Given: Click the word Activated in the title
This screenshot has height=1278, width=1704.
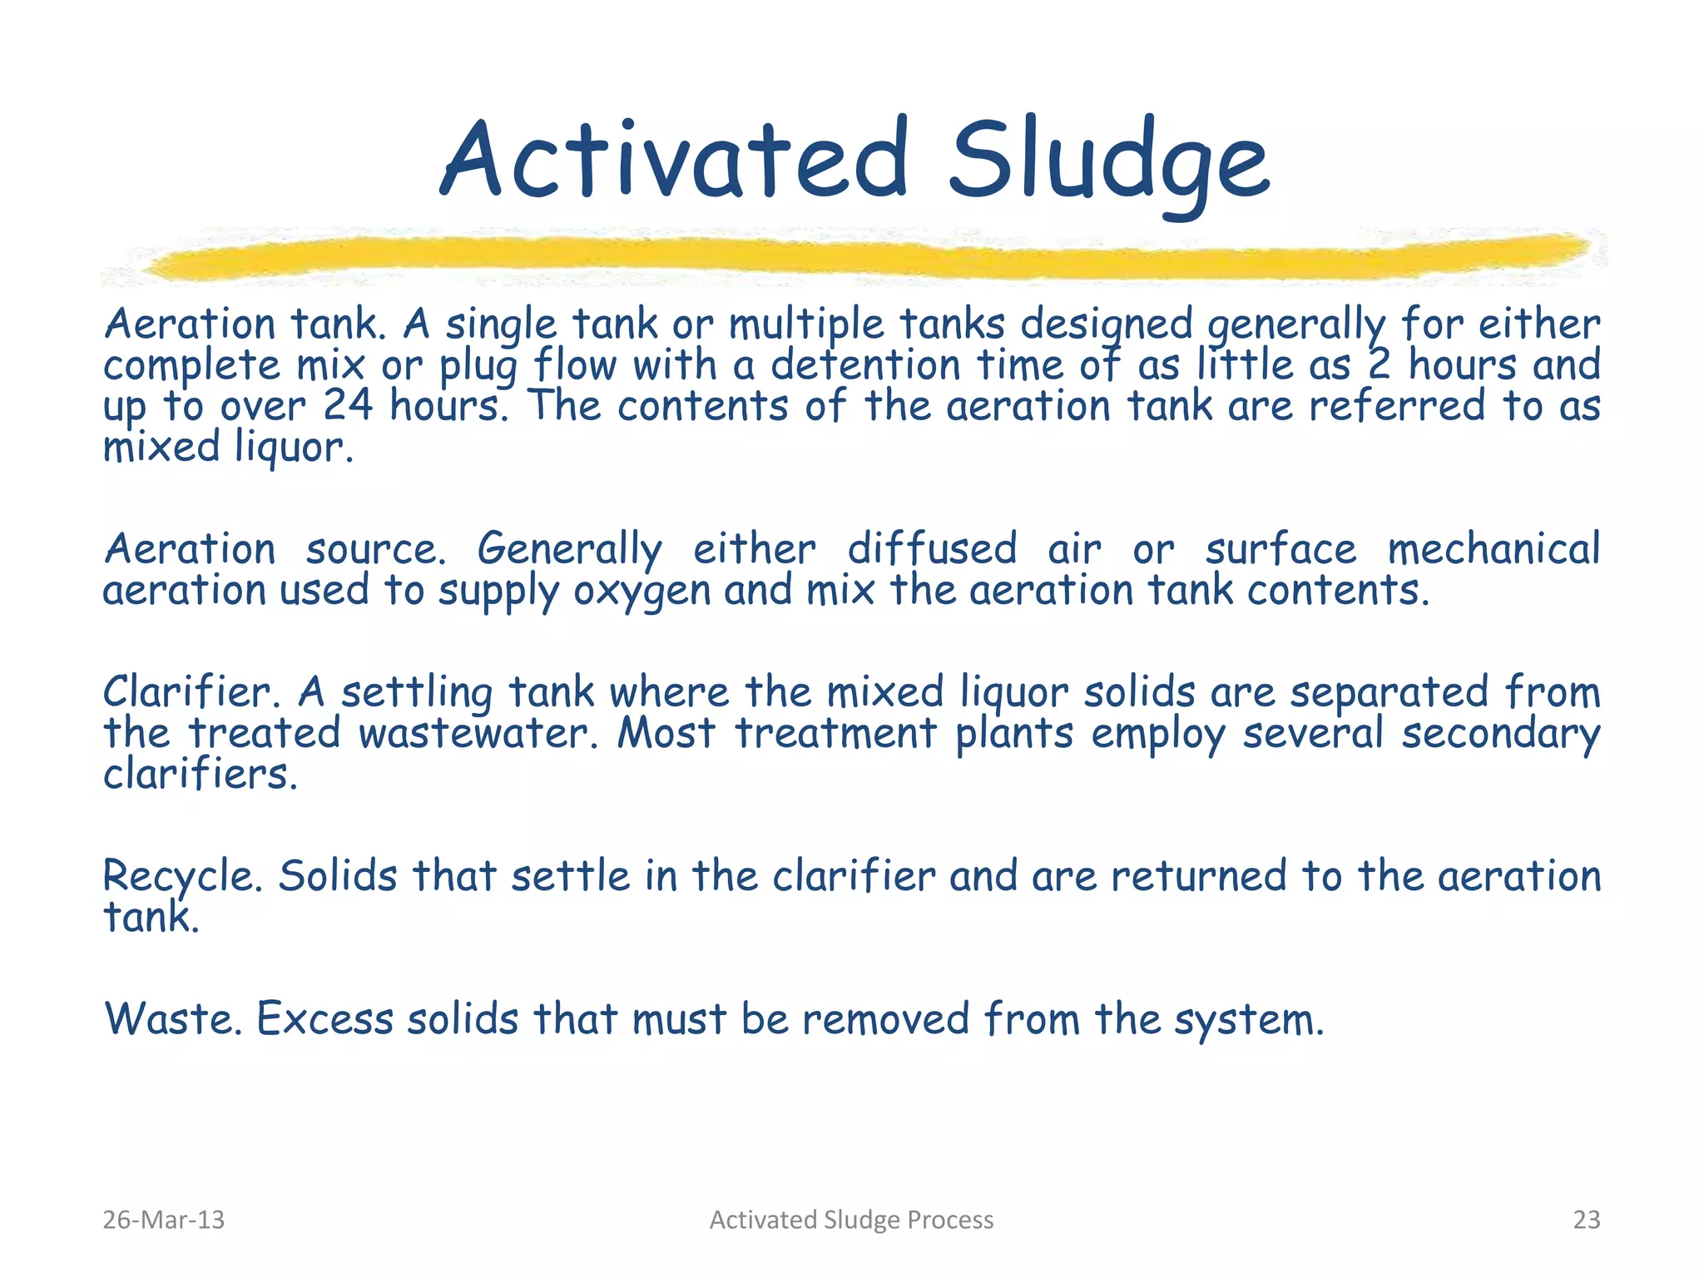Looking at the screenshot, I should click(674, 160).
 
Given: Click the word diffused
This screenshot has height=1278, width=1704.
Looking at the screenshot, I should click(932, 549).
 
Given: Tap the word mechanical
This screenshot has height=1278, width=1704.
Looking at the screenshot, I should click(1493, 549).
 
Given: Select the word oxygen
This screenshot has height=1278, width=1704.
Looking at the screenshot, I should click(641, 592).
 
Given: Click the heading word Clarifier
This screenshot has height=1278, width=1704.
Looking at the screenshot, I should click(190, 691).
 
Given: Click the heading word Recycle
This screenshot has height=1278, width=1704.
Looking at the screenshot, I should click(182, 877).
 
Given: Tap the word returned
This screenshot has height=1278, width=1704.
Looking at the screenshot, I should click(1198, 876).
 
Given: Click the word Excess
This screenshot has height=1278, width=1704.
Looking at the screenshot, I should click(324, 1018).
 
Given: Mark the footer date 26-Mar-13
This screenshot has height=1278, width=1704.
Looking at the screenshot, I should click(164, 1220).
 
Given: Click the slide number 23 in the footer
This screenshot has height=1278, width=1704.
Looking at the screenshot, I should click(1586, 1220).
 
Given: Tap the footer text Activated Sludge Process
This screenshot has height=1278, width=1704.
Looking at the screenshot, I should click(851, 1220).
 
